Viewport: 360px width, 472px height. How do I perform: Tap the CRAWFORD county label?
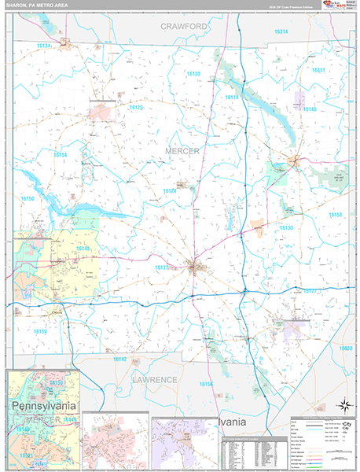click(x=184, y=26)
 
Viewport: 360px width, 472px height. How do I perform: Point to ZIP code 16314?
click(x=281, y=31)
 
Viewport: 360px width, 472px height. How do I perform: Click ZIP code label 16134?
click(x=43, y=46)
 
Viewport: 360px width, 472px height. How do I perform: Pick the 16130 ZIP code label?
click(x=193, y=73)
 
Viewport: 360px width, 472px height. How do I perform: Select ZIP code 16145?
click(x=309, y=109)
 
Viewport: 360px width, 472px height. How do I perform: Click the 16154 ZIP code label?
click(x=61, y=155)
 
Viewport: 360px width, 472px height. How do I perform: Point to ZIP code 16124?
click(x=170, y=190)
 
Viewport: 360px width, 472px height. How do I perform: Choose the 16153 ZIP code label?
click(x=336, y=215)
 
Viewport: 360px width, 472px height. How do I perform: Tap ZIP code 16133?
click(x=286, y=227)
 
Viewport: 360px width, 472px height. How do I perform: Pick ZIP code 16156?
click(x=206, y=384)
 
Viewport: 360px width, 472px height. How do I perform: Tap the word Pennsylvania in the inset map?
click(x=44, y=405)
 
